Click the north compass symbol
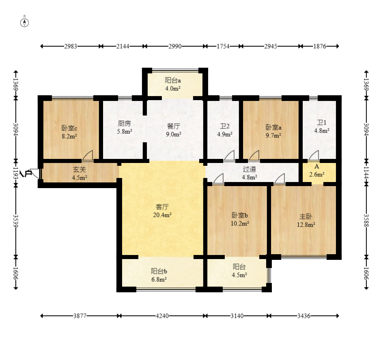point(24,23)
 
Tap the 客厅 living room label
point(162,207)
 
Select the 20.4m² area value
point(162,215)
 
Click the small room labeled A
point(319,172)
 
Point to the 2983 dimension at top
point(71,46)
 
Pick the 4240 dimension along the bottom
point(162,316)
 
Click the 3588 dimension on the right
point(366,221)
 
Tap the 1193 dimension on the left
point(16,173)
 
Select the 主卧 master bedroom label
point(306,216)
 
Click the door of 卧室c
point(88,155)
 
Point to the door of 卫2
point(229,155)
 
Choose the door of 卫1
point(314,155)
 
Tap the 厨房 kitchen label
point(125,123)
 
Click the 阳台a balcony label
point(173,80)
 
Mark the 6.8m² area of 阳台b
point(159,279)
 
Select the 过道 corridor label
point(250,169)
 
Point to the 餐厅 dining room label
point(174,126)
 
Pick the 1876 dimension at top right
point(320,46)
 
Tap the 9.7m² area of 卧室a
point(273,135)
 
